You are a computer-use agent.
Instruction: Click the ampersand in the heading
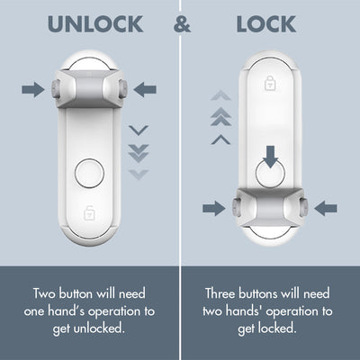point(183,24)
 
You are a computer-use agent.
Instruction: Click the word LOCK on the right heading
point(265,24)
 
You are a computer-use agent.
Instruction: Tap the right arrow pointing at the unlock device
point(144,88)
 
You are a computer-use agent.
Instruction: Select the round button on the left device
point(89,172)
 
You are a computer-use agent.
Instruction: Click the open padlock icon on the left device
point(89,213)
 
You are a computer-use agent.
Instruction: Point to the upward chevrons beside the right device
point(220,117)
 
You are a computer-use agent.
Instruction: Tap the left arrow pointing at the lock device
point(213,208)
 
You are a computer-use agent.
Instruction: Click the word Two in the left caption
point(47,293)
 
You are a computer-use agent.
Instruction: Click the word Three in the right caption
point(224,293)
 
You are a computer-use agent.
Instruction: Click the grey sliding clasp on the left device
point(89,89)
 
